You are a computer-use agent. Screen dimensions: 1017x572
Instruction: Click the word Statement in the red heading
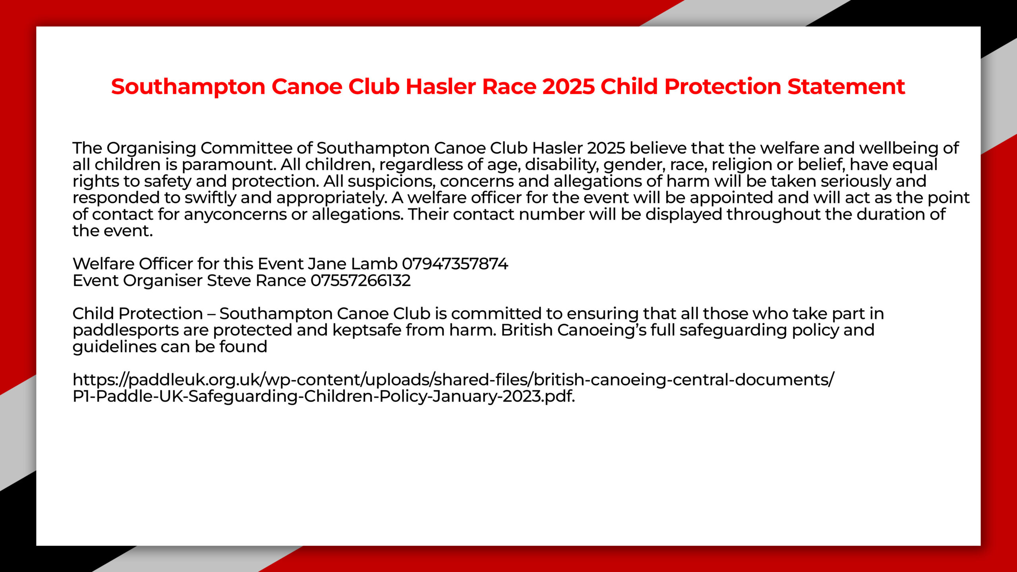[846, 87]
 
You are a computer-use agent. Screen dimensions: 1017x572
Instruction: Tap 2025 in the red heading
[568, 87]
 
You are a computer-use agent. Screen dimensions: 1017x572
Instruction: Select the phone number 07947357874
[455, 264]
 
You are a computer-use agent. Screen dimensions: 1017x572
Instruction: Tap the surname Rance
[280, 280]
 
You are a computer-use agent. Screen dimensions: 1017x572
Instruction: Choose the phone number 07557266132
[360, 280]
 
